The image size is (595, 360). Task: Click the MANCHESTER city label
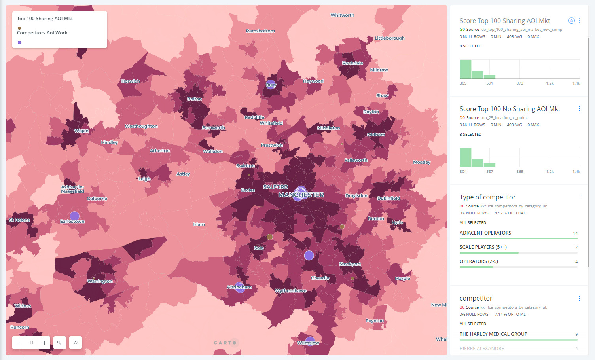pyautogui.click(x=301, y=195)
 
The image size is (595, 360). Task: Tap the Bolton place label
pyautogui.click(x=194, y=99)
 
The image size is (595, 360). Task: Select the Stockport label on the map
pyautogui.click(x=350, y=264)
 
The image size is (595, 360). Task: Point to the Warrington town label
pyautogui.click(x=100, y=281)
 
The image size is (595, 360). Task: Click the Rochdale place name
pyautogui.click(x=352, y=63)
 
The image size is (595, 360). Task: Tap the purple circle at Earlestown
pyautogui.click(x=74, y=216)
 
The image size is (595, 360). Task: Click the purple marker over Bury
pyautogui.click(x=271, y=84)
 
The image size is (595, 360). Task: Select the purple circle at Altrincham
pyautogui.click(x=239, y=287)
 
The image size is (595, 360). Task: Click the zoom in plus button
pyautogui.click(x=44, y=343)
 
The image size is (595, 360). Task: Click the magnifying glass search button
pyautogui.click(x=59, y=343)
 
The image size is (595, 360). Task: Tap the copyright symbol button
pyautogui.click(x=76, y=343)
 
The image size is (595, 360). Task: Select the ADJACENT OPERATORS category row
pyautogui.click(x=485, y=233)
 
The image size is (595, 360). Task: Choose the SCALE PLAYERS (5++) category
pyautogui.click(x=483, y=247)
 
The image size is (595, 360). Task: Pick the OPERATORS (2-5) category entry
pyautogui.click(x=479, y=261)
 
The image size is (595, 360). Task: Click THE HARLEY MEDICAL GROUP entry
pyautogui.click(x=493, y=334)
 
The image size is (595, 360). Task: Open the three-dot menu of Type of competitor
pyautogui.click(x=580, y=197)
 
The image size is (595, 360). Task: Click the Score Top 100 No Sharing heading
pyautogui.click(x=510, y=109)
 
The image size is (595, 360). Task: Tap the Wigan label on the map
pyautogui.click(x=81, y=131)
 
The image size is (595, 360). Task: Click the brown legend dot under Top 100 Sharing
pyautogui.click(x=19, y=28)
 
